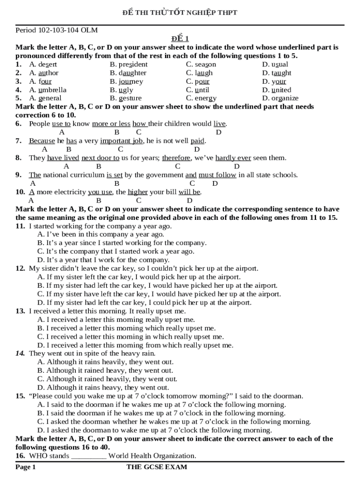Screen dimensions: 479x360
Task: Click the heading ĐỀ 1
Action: pyautogui.click(x=180, y=39)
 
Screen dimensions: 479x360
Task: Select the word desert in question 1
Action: pyautogui.click(x=47, y=65)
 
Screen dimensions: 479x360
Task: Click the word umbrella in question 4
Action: pyautogui.click(x=52, y=90)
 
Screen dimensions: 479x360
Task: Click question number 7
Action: pyautogui.click(x=19, y=141)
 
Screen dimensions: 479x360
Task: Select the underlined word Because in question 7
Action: pyautogui.click(x=42, y=141)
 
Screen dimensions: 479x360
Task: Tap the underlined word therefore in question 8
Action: pyautogui.click(x=176, y=158)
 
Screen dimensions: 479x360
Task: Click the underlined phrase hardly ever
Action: pyautogui.click(x=233, y=158)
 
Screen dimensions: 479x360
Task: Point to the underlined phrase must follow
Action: pyautogui.click(x=217, y=175)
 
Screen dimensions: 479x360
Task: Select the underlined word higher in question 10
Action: pyautogui.click(x=138, y=192)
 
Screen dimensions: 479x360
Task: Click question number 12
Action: pyautogui.click(x=20, y=269)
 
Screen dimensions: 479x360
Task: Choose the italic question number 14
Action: pyautogui.click(x=20, y=354)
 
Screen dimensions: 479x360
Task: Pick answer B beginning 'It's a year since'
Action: pyautogui.click(x=122, y=243)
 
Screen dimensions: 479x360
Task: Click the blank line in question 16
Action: pyautogui.click(x=89, y=456)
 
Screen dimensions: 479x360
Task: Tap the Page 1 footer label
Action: pyautogui.click(x=25, y=467)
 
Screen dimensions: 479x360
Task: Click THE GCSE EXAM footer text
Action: pyautogui.click(x=157, y=467)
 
